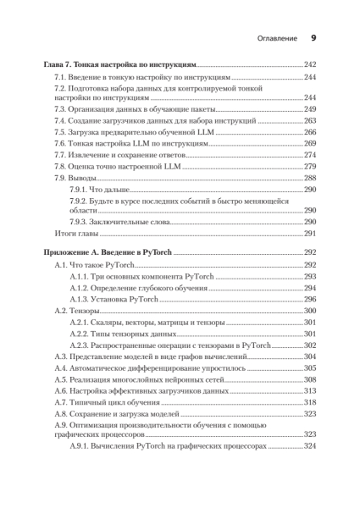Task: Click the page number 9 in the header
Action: pyautogui.click(x=313, y=38)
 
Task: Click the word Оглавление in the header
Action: pyautogui.click(x=276, y=38)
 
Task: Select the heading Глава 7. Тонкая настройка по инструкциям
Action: pyautogui.click(x=119, y=64)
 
